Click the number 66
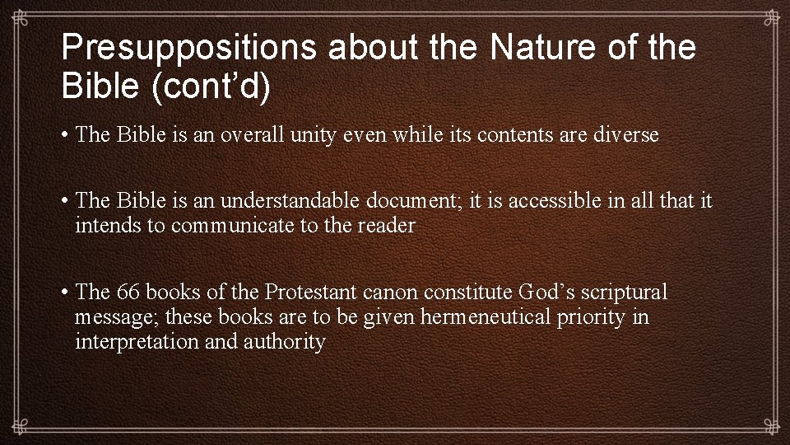pyautogui.click(x=129, y=293)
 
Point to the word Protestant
pyautogui.click(x=309, y=293)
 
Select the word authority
pyautogui.click(x=284, y=341)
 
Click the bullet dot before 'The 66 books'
pyautogui.click(x=63, y=293)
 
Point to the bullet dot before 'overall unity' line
pyautogui.click(x=63, y=135)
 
